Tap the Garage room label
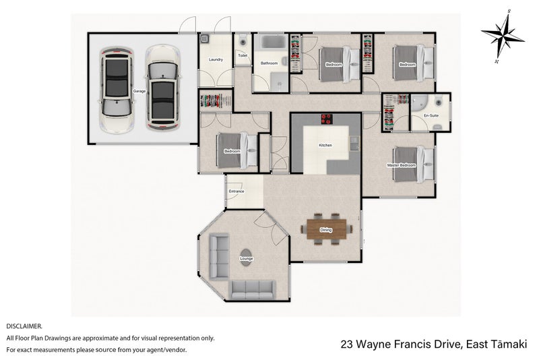139,91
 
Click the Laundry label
216,59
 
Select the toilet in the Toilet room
243,40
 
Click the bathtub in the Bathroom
274,42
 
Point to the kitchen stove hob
327,119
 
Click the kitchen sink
354,144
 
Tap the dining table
326,229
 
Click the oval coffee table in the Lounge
246,257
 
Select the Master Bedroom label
401,165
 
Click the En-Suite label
431,116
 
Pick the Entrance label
236,191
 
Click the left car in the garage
116,90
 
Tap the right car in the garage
162,88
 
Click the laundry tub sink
205,38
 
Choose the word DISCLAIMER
24,326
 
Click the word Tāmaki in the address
509,344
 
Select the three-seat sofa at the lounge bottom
252,290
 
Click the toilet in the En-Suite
438,102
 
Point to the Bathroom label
269,63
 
